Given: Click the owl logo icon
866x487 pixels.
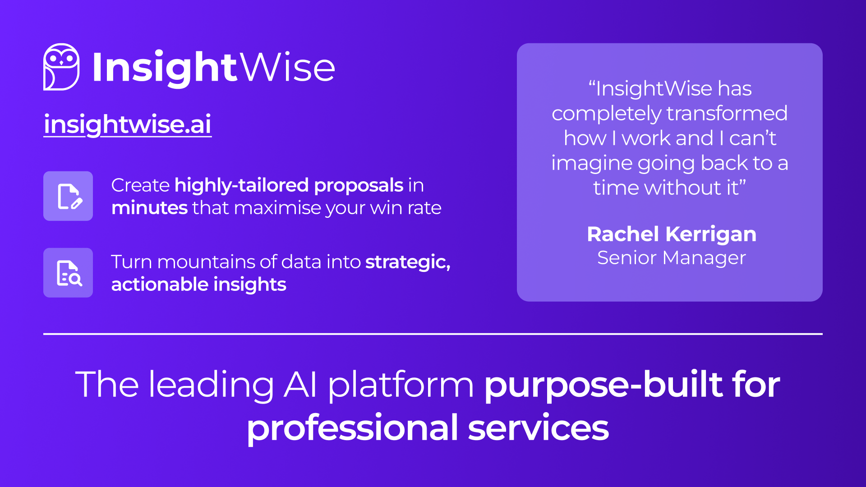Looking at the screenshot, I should pyautogui.click(x=61, y=67).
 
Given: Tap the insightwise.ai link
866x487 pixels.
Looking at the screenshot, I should pyautogui.click(x=128, y=124).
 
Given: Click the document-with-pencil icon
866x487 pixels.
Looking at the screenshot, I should pyautogui.click(x=68, y=196).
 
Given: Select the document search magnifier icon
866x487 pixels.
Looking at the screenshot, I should pyautogui.click(x=68, y=273).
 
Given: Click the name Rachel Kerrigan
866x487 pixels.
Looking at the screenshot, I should pyautogui.click(x=671, y=234).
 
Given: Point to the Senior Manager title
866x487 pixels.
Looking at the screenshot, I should pyautogui.click(x=671, y=258).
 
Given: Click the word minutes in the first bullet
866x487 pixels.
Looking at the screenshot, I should pyautogui.click(x=149, y=208).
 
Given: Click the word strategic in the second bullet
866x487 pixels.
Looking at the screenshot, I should pyautogui.click(x=407, y=262).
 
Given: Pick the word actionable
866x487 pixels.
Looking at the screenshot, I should pyautogui.click(x=160, y=285).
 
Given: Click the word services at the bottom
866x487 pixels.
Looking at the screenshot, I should pyautogui.click(x=538, y=428).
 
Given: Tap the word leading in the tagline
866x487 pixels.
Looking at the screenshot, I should pyautogui.click(x=211, y=385).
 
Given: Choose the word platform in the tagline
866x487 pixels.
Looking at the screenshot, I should pyautogui.click(x=401, y=385).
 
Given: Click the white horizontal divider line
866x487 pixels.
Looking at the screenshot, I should pyautogui.click(x=433, y=334).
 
